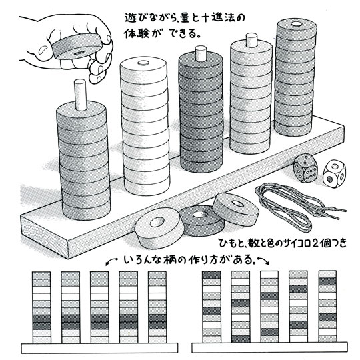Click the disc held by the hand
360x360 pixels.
point(77,47)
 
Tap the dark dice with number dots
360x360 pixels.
point(305,169)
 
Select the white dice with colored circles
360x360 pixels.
point(333,174)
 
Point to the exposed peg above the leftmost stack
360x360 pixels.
point(81,94)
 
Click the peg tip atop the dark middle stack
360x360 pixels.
point(201,53)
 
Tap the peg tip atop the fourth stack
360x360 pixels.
point(251,39)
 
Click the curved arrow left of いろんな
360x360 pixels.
point(112,261)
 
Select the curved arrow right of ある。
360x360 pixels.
point(263,261)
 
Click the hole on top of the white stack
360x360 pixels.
point(143,62)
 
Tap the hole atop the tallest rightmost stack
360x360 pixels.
point(297,23)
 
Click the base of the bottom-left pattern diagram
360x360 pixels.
point(99,348)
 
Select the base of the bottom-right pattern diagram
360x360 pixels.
point(269,347)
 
